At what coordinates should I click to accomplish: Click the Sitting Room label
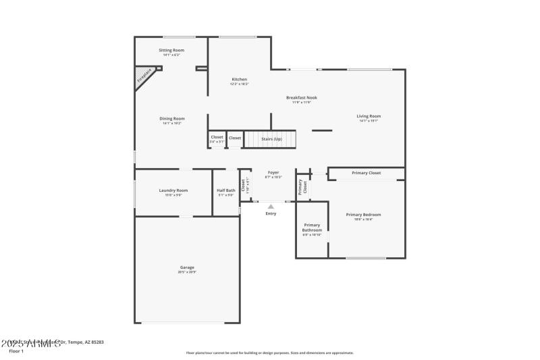[x=171, y=50]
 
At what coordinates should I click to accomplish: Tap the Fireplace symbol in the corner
[x=146, y=74]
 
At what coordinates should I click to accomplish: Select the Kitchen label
[x=240, y=79]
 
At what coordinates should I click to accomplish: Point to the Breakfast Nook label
[x=301, y=97]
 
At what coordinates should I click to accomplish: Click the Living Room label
[x=369, y=116]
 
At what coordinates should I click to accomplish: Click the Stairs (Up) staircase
[x=270, y=139]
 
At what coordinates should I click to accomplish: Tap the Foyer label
[x=273, y=172]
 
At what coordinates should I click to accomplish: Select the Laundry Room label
[x=173, y=190]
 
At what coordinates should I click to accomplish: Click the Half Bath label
[x=226, y=190]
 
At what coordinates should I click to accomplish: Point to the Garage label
[x=187, y=267]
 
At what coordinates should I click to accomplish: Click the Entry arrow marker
[x=271, y=207]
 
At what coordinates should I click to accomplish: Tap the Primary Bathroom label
[x=312, y=228]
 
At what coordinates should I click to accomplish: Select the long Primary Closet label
[x=366, y=173]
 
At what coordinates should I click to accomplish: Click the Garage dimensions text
[x=187, y=272]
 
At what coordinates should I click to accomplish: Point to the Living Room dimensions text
[x=369, y=121]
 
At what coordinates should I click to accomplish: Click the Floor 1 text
[x=16, y=351]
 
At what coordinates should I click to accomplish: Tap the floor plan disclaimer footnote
[x=269, y=353]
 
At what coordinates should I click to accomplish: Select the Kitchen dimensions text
[x=240, y=84]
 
